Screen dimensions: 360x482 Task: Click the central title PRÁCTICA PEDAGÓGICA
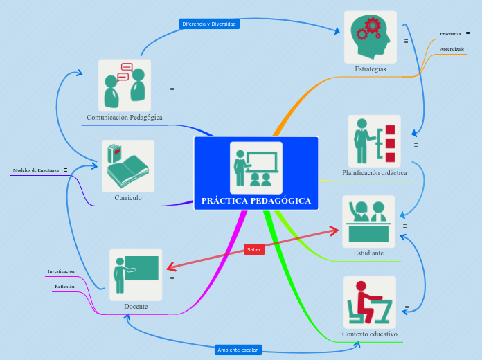(x=256, y=201)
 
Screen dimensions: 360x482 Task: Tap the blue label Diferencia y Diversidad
(x=209, y=24)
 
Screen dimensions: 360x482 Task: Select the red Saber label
(x=254, y=249)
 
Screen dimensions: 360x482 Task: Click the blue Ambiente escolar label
(x=238, y=350)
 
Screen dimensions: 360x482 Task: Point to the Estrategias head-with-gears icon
(x=371, y=37)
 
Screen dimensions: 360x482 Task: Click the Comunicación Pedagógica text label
(x=125, y=117)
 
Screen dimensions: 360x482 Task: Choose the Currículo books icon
(x=128, y=166)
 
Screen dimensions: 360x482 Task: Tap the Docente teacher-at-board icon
(x=136, y=274)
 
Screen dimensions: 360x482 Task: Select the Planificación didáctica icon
(x=374, y=141)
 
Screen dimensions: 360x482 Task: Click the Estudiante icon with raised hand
(x=368, y=222)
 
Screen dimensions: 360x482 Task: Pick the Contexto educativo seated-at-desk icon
(x=370, y=303)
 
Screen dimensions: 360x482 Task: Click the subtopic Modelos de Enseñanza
(x=36, y=170)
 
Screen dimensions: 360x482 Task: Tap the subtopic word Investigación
(x=61, y=271)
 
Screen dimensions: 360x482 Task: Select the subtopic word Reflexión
(x=64, y=286)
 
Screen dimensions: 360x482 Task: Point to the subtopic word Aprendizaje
(x=452, y=49)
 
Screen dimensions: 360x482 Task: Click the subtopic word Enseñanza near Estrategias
(x=450, y=33)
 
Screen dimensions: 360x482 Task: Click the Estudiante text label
(x=368, y=253)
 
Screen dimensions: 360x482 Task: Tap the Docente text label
(x=136, y=306)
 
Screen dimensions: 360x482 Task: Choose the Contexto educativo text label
(x=370, y=334)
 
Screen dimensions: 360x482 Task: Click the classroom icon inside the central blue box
(x=256, y=168)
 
